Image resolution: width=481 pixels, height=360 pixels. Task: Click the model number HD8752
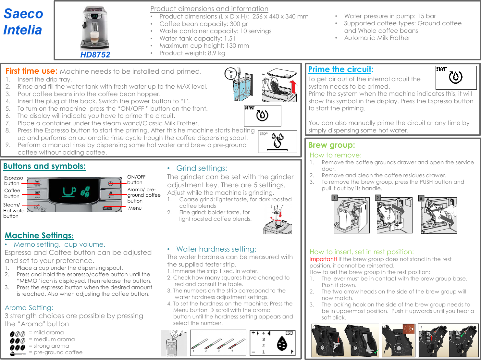pos(95,55)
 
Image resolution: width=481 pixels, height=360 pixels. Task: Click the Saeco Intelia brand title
pos(23,22)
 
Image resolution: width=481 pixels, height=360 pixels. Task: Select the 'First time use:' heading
pos(31,71)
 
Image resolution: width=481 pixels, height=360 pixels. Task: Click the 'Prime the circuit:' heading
pos(340,69)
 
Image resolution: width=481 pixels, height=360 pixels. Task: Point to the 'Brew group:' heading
pos(331,145)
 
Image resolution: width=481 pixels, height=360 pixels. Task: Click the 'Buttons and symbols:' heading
pos(44,166)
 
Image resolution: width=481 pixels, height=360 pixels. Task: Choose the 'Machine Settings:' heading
pos(39,235)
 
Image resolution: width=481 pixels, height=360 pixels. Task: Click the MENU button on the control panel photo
pos(107,208)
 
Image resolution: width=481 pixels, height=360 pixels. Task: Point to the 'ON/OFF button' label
pos(136,180)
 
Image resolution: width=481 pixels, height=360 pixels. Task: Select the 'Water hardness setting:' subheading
pos(216,249)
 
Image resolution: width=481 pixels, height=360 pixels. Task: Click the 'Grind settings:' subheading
pos(202,168)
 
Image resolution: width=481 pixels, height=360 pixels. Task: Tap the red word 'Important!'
pos(323,259)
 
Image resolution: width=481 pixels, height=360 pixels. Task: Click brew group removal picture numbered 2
pos(394,215)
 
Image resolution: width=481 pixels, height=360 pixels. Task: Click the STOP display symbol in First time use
pos(277,142)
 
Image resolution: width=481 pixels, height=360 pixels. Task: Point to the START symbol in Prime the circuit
pos(456,78)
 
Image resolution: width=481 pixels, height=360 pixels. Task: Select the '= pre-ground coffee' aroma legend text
pos(55,352)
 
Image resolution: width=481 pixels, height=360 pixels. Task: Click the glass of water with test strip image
pos(174,343)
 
